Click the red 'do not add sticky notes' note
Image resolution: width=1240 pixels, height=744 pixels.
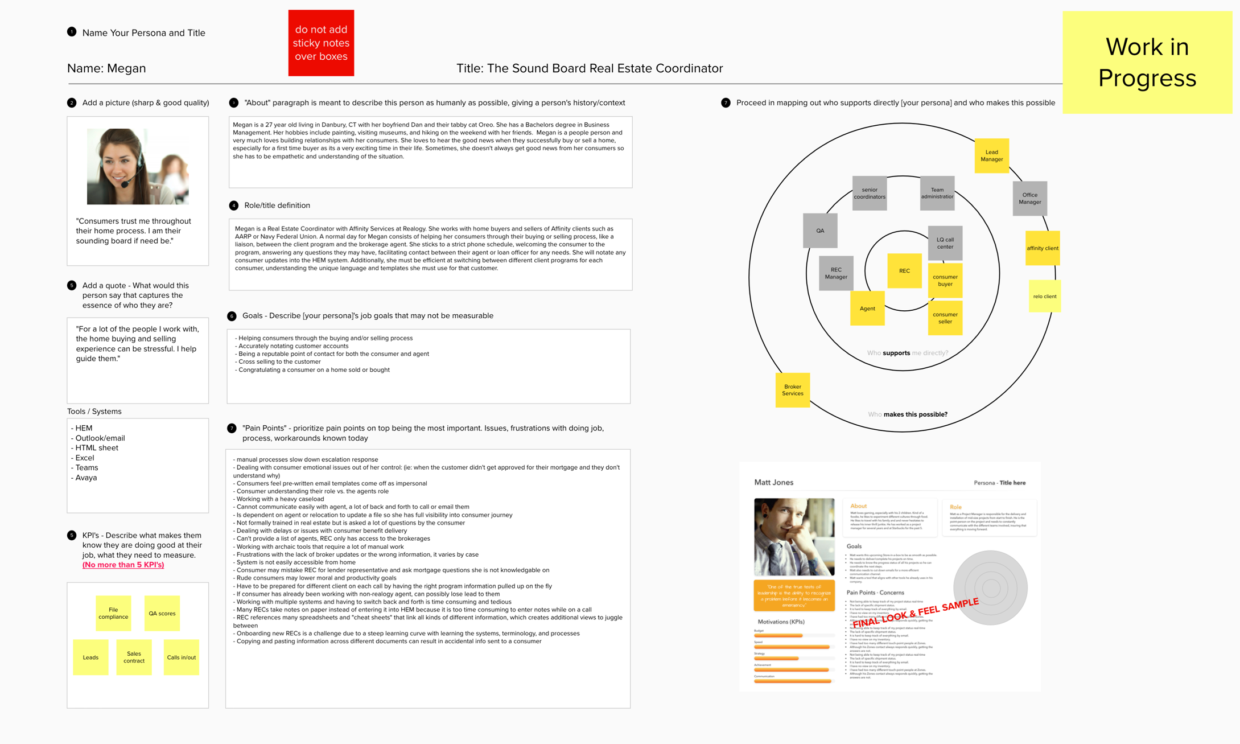point(321,43)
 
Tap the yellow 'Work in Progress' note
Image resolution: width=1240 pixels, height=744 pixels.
point(1147,62)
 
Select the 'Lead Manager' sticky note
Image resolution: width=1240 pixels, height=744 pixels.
point(991,155)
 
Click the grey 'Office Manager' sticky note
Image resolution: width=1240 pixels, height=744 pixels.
point(1029,198)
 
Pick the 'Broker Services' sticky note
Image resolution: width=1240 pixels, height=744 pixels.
point(792,390)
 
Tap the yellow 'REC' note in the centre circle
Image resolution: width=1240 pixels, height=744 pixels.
point(904,271)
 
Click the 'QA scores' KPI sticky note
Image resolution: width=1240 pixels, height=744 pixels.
point(162,613)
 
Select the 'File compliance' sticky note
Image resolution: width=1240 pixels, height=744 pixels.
point(113,613)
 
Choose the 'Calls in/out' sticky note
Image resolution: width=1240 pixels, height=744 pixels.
point(181,657)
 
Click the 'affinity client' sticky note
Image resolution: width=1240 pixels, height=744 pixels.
point(1042,248)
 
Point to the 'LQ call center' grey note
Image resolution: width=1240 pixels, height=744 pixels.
point(945,243)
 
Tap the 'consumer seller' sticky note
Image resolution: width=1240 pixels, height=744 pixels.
point(945,318)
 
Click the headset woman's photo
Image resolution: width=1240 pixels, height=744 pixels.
point(138,166)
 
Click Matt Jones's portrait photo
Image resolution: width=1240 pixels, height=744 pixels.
point(794,537)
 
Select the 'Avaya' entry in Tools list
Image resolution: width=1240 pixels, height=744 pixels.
point(86,478)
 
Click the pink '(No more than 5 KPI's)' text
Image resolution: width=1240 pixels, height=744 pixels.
point(123,565)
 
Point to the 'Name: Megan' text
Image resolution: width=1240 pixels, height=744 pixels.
point(106,68)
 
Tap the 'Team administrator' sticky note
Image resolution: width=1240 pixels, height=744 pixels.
point(937,193)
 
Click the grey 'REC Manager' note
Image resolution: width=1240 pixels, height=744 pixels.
point(835,273)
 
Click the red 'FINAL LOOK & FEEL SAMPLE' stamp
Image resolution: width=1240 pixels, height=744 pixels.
point(915,613)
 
